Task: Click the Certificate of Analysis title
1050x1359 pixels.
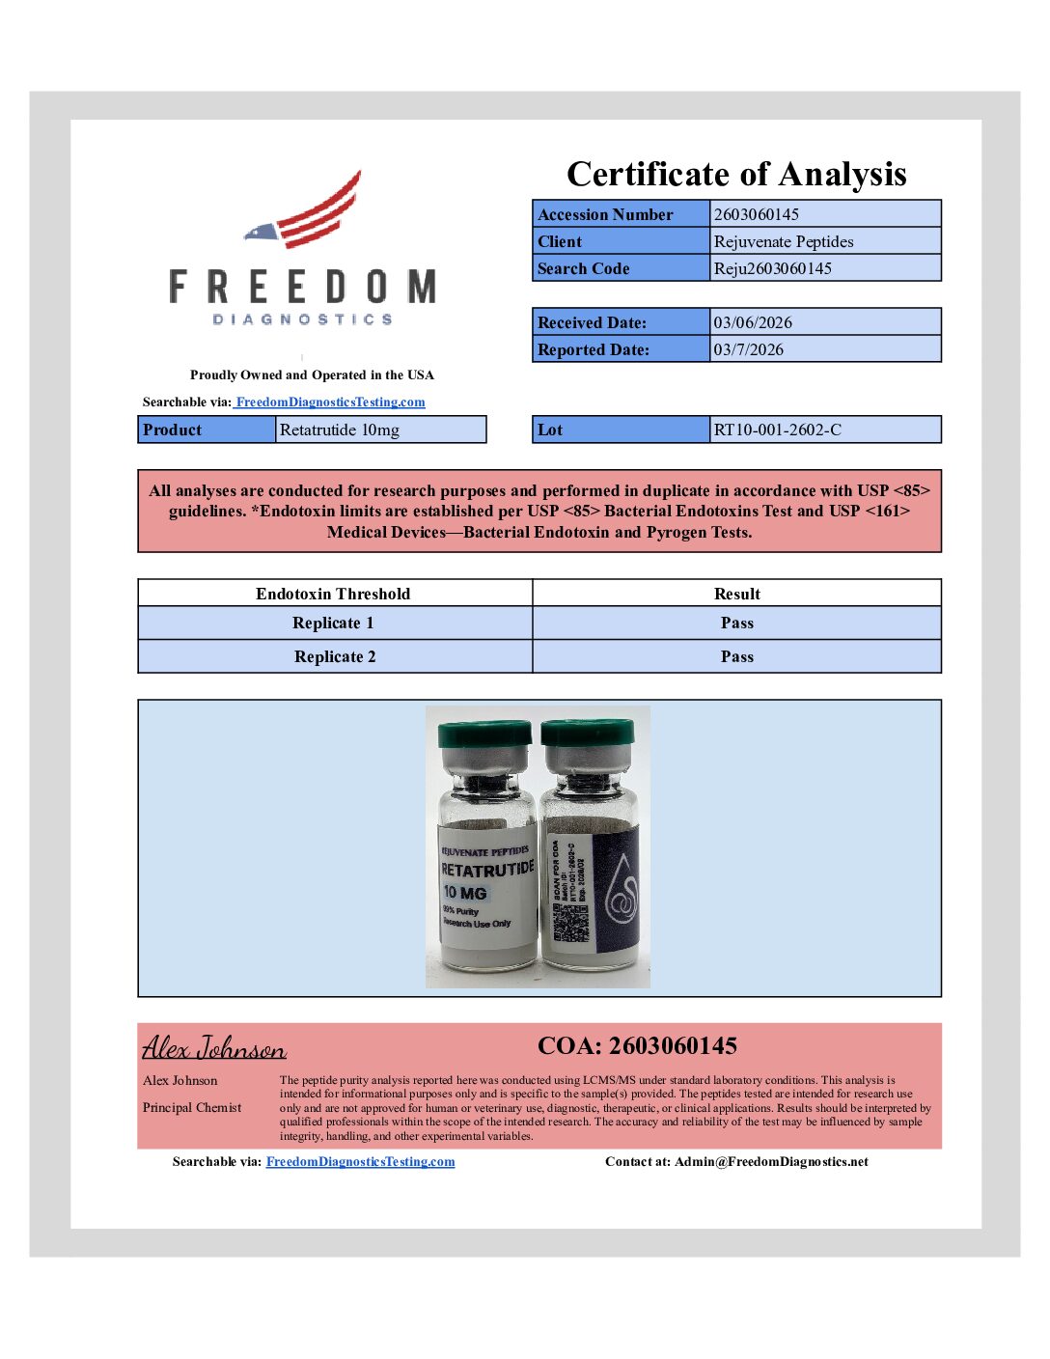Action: (736, 174)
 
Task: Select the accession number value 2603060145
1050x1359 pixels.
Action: (757, 214)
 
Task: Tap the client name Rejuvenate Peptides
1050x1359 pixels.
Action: (784, 241)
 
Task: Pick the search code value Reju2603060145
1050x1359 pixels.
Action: (772, 268)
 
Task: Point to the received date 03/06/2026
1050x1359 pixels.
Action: (753, 322)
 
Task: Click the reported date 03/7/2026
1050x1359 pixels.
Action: (749, 349)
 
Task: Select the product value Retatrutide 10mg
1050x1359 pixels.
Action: (340, 430)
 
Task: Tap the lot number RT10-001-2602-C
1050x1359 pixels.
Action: (778, 430)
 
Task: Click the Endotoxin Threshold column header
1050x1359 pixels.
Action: (333, 594)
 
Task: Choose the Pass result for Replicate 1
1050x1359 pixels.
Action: (737, 623)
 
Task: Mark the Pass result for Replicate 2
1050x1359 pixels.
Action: (737, 656)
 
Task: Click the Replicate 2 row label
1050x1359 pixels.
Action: (335, 656)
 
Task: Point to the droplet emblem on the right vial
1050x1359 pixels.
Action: (622, 888)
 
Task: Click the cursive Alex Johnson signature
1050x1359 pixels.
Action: (214, 1047)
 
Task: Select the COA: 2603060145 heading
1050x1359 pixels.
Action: (637, 1046)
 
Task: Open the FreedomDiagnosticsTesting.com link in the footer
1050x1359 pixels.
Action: (360, 1161)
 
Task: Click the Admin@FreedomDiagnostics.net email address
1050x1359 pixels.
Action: (771, 1161)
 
